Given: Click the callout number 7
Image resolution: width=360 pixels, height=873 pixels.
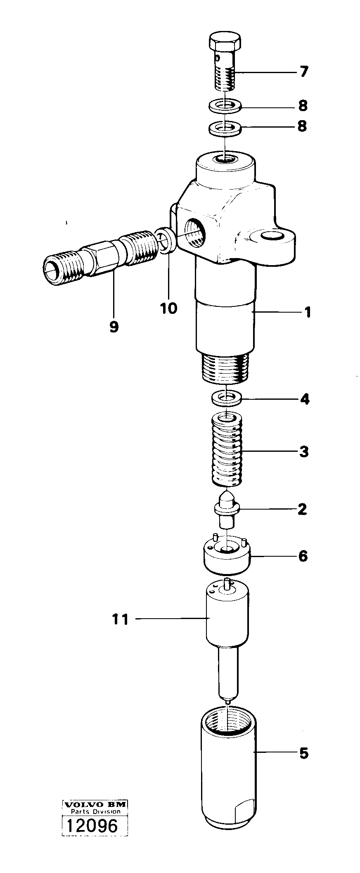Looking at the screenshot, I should [x=303, y=72].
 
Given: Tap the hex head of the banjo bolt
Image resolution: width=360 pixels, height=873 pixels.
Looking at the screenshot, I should [x=225, y=42].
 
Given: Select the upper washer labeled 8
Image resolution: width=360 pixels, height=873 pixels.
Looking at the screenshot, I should [x=225, y=106].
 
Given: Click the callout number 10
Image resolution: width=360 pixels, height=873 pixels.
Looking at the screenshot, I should [x=168, y=308].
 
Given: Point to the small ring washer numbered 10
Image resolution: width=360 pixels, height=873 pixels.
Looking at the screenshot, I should [x=166, y=240].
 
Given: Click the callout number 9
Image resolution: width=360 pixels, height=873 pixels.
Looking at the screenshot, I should [x=114, y=327].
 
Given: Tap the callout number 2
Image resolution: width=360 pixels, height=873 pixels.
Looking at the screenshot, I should [x=302, y=509].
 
